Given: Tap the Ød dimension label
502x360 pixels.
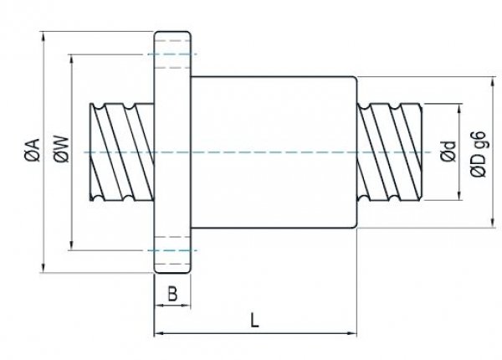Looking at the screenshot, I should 448,153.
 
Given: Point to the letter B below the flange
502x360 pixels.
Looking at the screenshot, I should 172,295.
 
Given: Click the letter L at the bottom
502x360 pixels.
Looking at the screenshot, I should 254,319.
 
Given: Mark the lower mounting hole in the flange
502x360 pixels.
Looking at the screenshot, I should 172,256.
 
